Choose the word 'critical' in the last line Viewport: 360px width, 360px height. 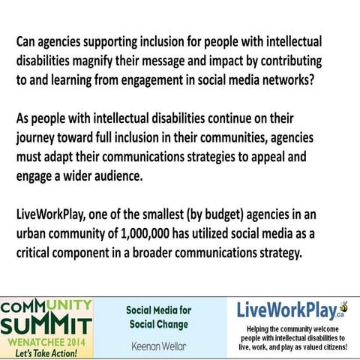tap(38, 253)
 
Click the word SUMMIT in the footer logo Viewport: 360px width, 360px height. tap(46, 325)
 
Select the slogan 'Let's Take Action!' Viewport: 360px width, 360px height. tap(46, 351)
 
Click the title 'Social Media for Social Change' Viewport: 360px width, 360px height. tap(158, 316)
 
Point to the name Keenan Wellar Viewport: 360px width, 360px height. tap(158, 345)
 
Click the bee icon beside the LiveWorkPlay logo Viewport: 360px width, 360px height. tap(343, 306)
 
